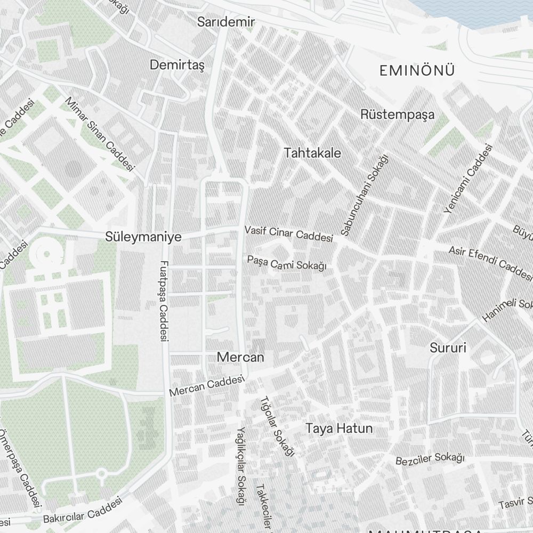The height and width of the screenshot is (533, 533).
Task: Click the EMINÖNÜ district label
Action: pyautogui.click(x=417, y=70)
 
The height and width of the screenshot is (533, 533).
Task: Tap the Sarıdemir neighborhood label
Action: pyautogui.click(x=226, y=22)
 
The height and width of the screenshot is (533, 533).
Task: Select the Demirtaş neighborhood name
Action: pyautogui.click(x=177, y=65)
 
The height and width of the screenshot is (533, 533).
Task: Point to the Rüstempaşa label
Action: pyautogui.click(x=397, y=115)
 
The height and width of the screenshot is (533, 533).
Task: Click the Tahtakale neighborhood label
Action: pyautogui.click(x=312, y=153)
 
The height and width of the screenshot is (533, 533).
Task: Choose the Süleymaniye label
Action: pyautogui.click(x=143, y=237)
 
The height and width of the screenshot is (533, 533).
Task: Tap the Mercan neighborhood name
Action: pyautogui.click(x=240, y=357)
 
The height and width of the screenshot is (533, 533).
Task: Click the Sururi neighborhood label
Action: pyautogui.click(x=448, y=348)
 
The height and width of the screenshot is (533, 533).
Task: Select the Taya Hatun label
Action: pyautogui.click(x=339, y=429)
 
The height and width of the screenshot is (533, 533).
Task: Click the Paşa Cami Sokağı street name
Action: pyautogui.click(x=287, y=262)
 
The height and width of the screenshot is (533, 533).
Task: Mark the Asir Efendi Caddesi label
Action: pyautogui.click(x=490, y=263)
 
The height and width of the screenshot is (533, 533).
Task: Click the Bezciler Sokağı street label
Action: pyautogui.click(x=430, y=459)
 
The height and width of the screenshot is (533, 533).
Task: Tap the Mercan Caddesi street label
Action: pyautogui.click(x=206, y=385)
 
